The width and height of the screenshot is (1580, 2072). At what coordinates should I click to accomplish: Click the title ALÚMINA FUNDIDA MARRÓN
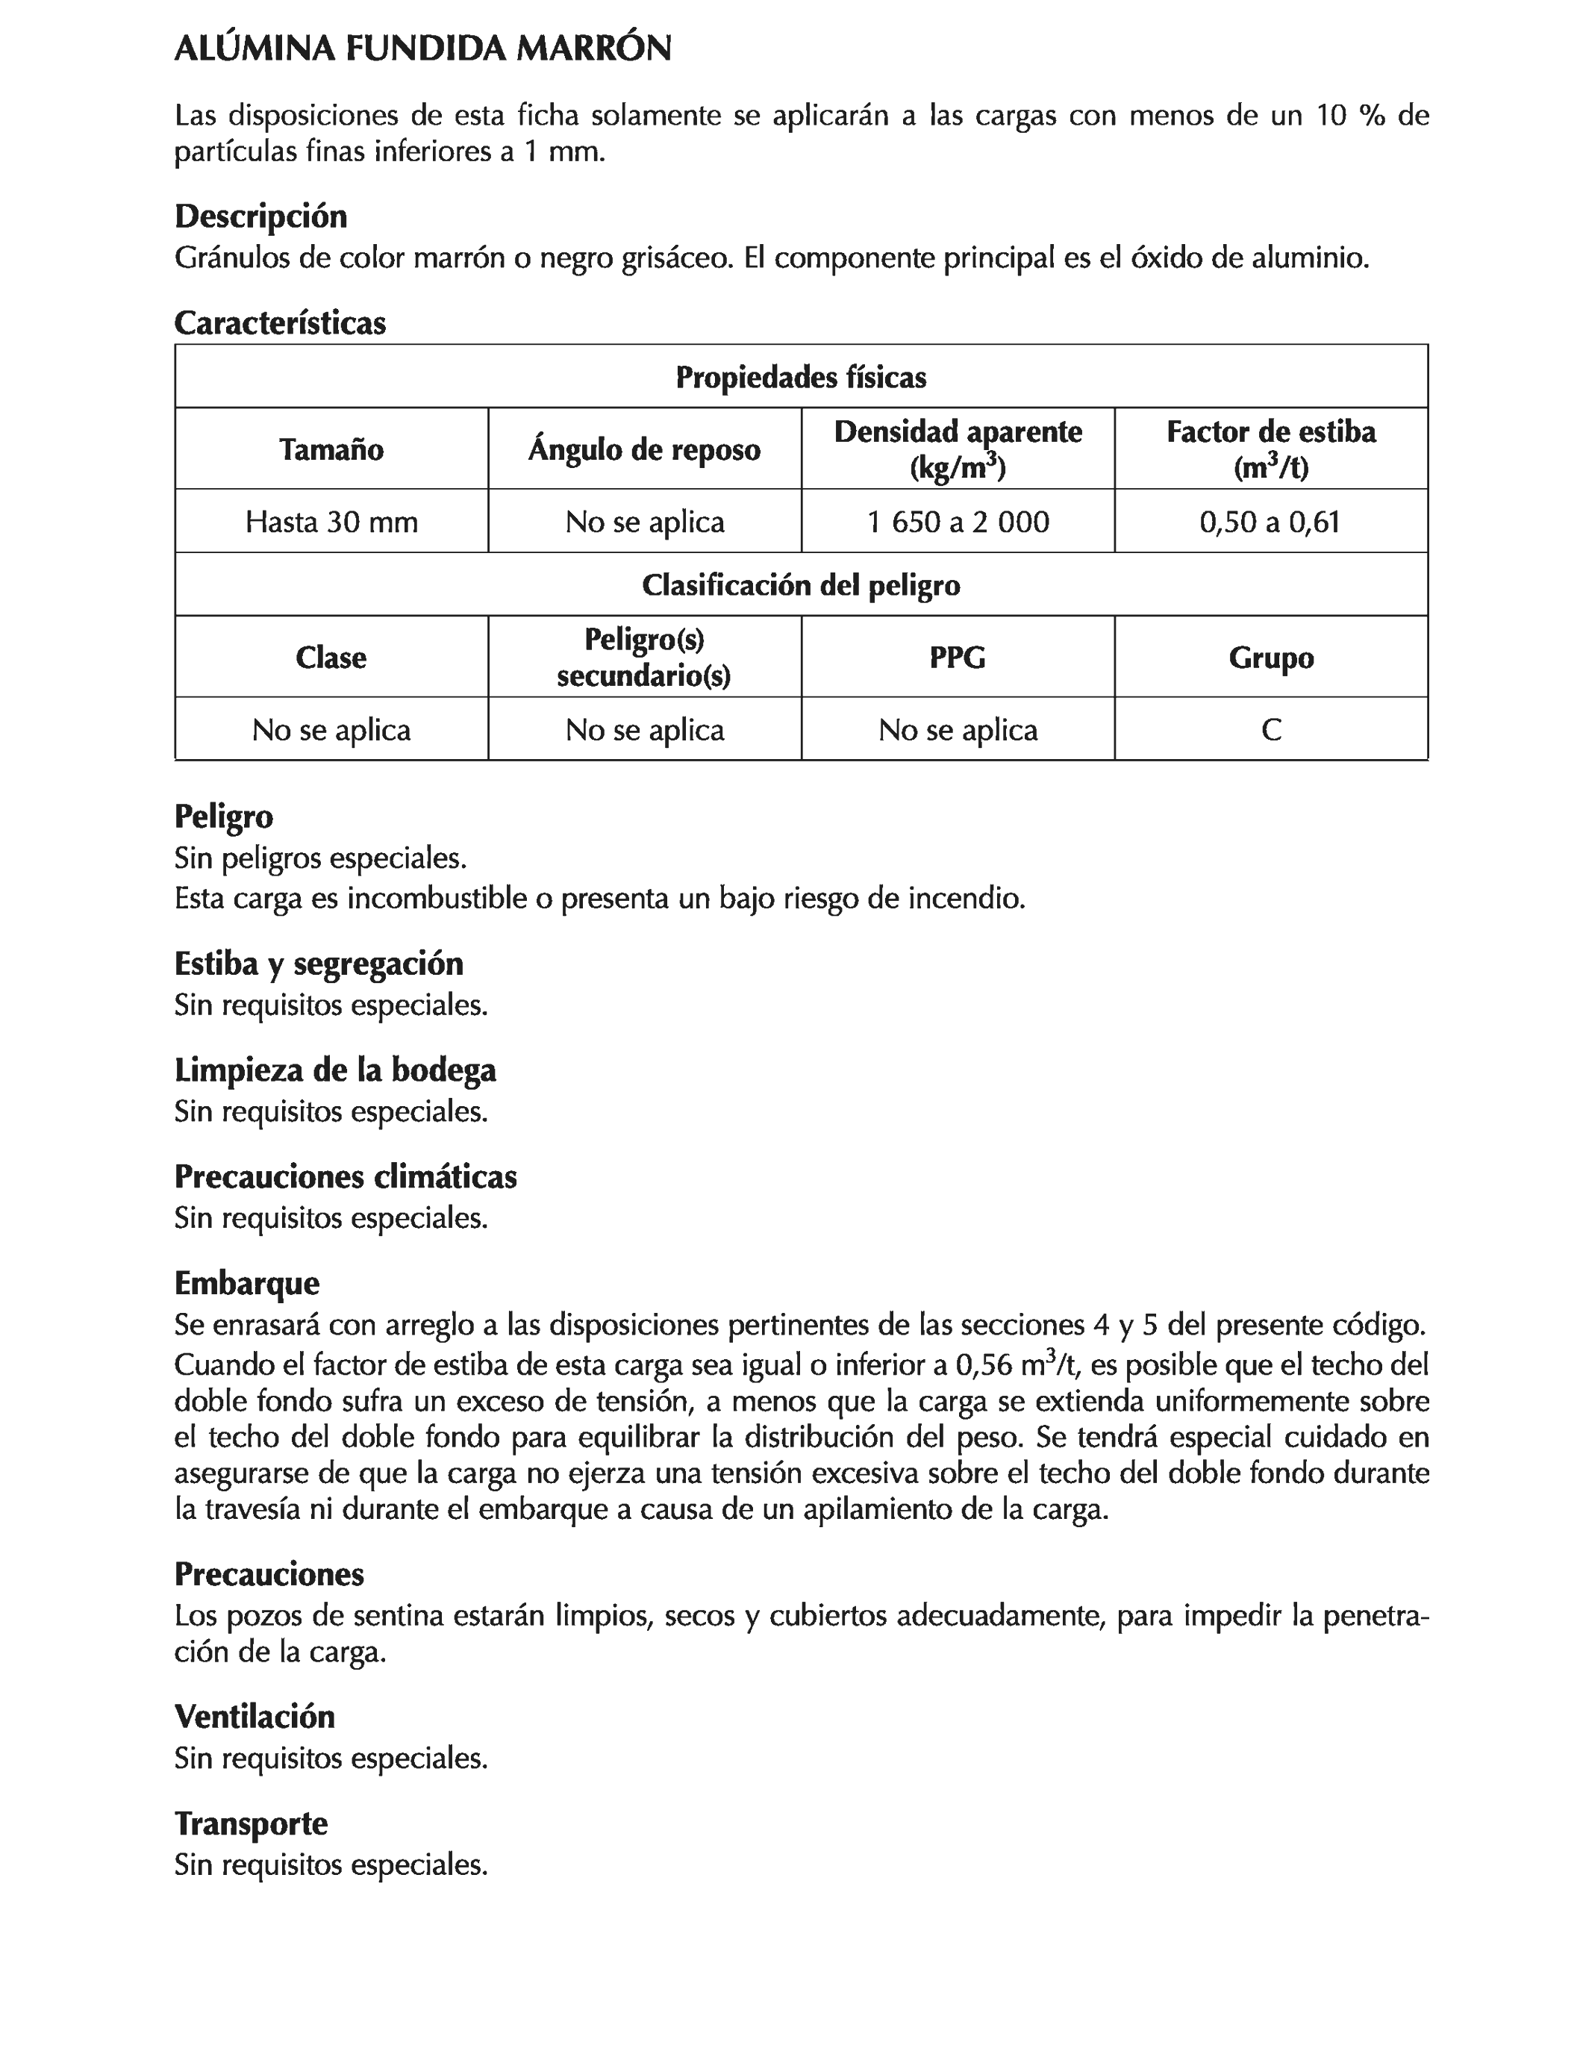coord(422,49)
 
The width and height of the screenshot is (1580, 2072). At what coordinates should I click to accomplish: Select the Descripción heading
coord(260,216)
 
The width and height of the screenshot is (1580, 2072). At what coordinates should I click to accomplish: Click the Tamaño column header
coord(331,449)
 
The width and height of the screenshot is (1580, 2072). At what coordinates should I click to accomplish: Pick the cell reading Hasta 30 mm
coord(331,521)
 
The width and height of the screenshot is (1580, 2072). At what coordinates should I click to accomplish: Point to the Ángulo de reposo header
coord(644,449)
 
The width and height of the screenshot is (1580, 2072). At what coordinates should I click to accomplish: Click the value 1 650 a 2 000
coord(958,521)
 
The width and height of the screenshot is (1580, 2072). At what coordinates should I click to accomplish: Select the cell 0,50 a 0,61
coord(1270,521)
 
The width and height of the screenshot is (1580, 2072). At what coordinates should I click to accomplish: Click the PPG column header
coord(958,658)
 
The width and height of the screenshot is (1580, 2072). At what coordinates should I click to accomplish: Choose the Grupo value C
coord(1270,730)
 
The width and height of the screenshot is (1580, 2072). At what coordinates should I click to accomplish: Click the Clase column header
coord(331,658)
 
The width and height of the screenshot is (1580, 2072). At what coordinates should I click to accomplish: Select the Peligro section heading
coord(224,816)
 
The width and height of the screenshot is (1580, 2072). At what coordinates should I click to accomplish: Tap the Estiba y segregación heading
coord(319,964)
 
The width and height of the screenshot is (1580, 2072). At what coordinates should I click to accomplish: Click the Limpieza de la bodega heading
coord(335,1070)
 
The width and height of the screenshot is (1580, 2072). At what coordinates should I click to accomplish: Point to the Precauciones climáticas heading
coord(345,1176)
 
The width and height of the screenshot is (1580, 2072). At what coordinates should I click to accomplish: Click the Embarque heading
coord(246,1283)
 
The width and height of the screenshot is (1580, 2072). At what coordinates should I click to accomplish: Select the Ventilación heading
coord(254,1717)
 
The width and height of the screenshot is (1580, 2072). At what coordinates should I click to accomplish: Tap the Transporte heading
coord(251,1823)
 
